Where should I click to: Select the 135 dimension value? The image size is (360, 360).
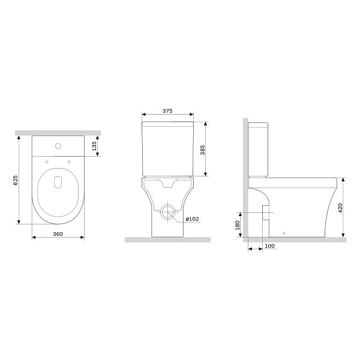coord(94,147)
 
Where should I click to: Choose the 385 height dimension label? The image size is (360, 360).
coord(202,150)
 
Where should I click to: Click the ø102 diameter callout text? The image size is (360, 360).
coord(193,220)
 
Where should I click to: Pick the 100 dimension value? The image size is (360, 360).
coord(269,246)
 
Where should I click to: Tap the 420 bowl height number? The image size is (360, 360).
coord(341,209)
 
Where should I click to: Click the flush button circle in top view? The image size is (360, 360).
coord(58,146)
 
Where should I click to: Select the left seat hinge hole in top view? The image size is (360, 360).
coord(46,160)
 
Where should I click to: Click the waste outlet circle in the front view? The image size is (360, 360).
coord(168,213)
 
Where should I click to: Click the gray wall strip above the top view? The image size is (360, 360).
coord(58,130)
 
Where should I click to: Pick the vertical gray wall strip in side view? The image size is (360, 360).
coord(244,180)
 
